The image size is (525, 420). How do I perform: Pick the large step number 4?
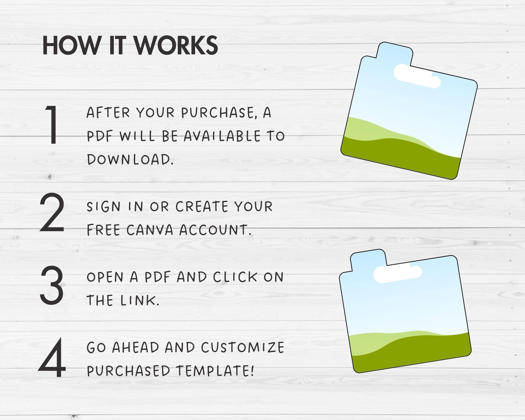pyautogui.click(x=52, y=357)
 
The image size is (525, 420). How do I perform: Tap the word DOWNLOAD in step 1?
pyautogui.click(x=130, y=159)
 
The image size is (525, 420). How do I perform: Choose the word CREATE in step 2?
pyautogui.click(x=202, y=207)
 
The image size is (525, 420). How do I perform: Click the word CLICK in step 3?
pyautogui.click(x=235, y=277)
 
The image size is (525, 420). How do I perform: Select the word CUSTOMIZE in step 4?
pyautogui.click(x=243, y=347)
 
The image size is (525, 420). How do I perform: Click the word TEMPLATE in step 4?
pyautogui.click(x=215, y=371)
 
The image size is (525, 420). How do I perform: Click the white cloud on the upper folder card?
pyautogui.click(x=417, y=76)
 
